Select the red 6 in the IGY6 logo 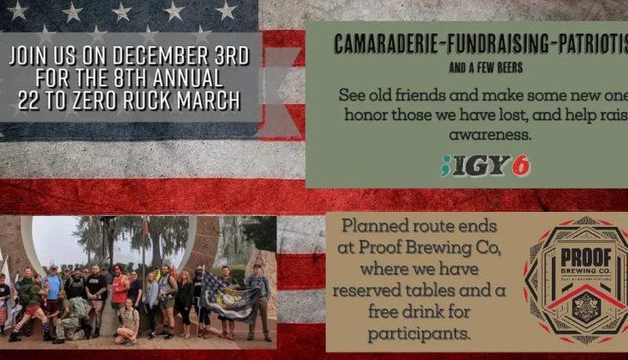[x=520, y=166]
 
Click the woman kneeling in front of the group [x=129, y=322]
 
